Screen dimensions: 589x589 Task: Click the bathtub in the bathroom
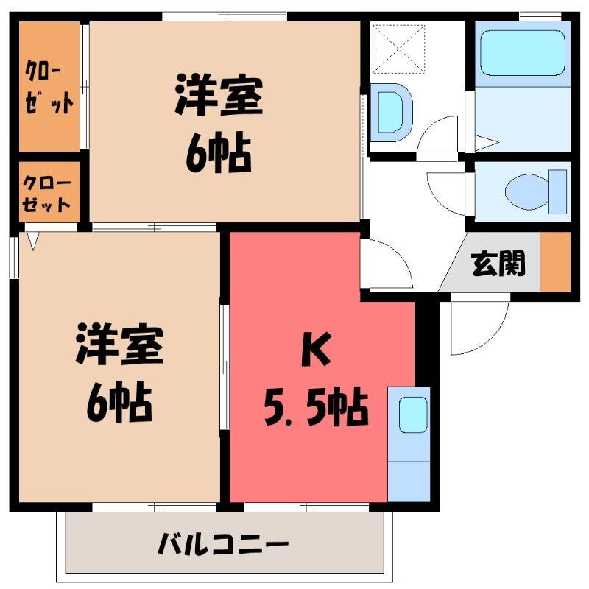(x=523, y=52)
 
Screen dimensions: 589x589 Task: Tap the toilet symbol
(x=536, y=191)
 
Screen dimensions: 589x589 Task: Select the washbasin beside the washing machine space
(x=392, y=113)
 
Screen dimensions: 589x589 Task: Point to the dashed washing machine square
(x=398, y=49)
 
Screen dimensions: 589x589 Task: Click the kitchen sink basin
(x=413, y=415)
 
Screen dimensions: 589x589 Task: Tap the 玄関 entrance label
(x=498, y=263)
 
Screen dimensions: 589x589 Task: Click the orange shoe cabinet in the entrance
(x=555, y=262)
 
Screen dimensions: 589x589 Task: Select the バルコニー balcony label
(x=223, y=543)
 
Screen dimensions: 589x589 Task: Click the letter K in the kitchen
(x=317, y=349)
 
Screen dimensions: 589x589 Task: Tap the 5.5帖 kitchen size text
(x=316, y=407)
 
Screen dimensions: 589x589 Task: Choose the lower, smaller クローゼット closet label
(x=46, y=194)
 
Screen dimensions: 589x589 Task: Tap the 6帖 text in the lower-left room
(x=119, y=402)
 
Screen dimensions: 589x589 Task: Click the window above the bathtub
(x=540, y=16)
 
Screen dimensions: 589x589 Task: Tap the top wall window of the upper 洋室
(x=225, y=16)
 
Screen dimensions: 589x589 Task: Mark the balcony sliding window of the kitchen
(x=307, y=507)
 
